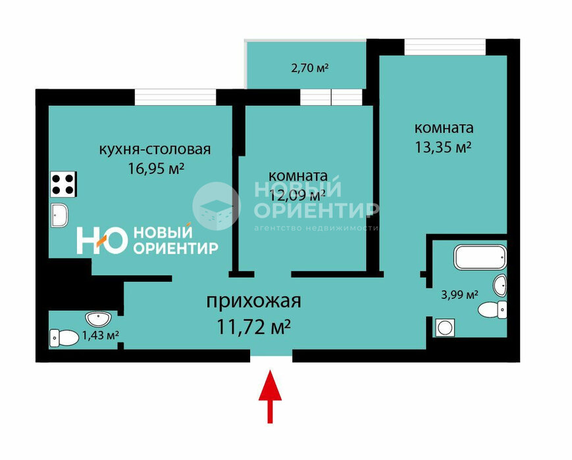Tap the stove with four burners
click(64, 183)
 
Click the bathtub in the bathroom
click(481, 257)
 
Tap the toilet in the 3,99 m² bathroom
click(493, 310)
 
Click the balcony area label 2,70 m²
click(309, 68)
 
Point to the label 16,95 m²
click(157, 169)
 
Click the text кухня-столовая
click(155, 149)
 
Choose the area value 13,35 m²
click(442, 147)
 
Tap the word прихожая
click(253, 302)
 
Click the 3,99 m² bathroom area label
click(459, 294)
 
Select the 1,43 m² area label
click(100, 336)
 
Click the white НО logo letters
click(101, 241)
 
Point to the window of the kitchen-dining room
click(175, 97)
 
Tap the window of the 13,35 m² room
click(445, 47)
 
